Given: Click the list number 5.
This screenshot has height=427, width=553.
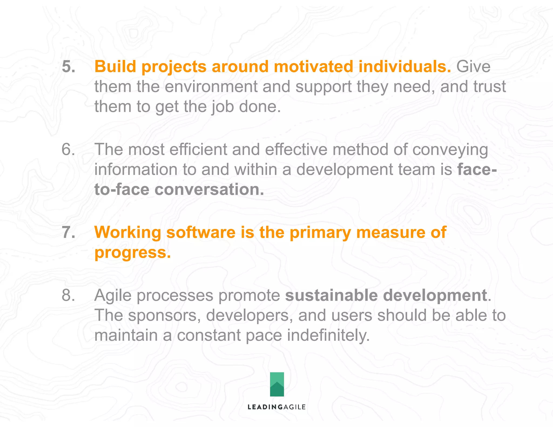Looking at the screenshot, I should click(x=68, y=66).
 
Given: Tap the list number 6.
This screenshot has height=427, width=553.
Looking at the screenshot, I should click(x=68, y=149).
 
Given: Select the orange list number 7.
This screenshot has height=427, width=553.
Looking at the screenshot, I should click(x=68, y=232).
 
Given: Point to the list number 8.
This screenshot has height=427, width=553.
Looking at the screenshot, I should click(x=68, y=295).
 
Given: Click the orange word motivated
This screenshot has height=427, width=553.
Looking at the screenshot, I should click(x=313, y=66).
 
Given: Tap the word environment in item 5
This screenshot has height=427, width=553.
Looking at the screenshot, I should click(x=211, y=87).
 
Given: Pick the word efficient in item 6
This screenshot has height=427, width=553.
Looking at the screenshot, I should click(x=198, y=149).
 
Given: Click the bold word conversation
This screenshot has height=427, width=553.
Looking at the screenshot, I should click(x=209, y=189).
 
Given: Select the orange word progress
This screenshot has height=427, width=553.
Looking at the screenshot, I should click(x=132, y=253).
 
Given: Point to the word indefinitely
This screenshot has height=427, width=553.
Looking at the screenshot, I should click(x=328, y=335).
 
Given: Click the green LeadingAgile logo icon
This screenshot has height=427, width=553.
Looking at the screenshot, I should click(x=277, y=384).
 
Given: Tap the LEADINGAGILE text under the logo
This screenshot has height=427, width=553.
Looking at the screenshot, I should click(x=276, y=407).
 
